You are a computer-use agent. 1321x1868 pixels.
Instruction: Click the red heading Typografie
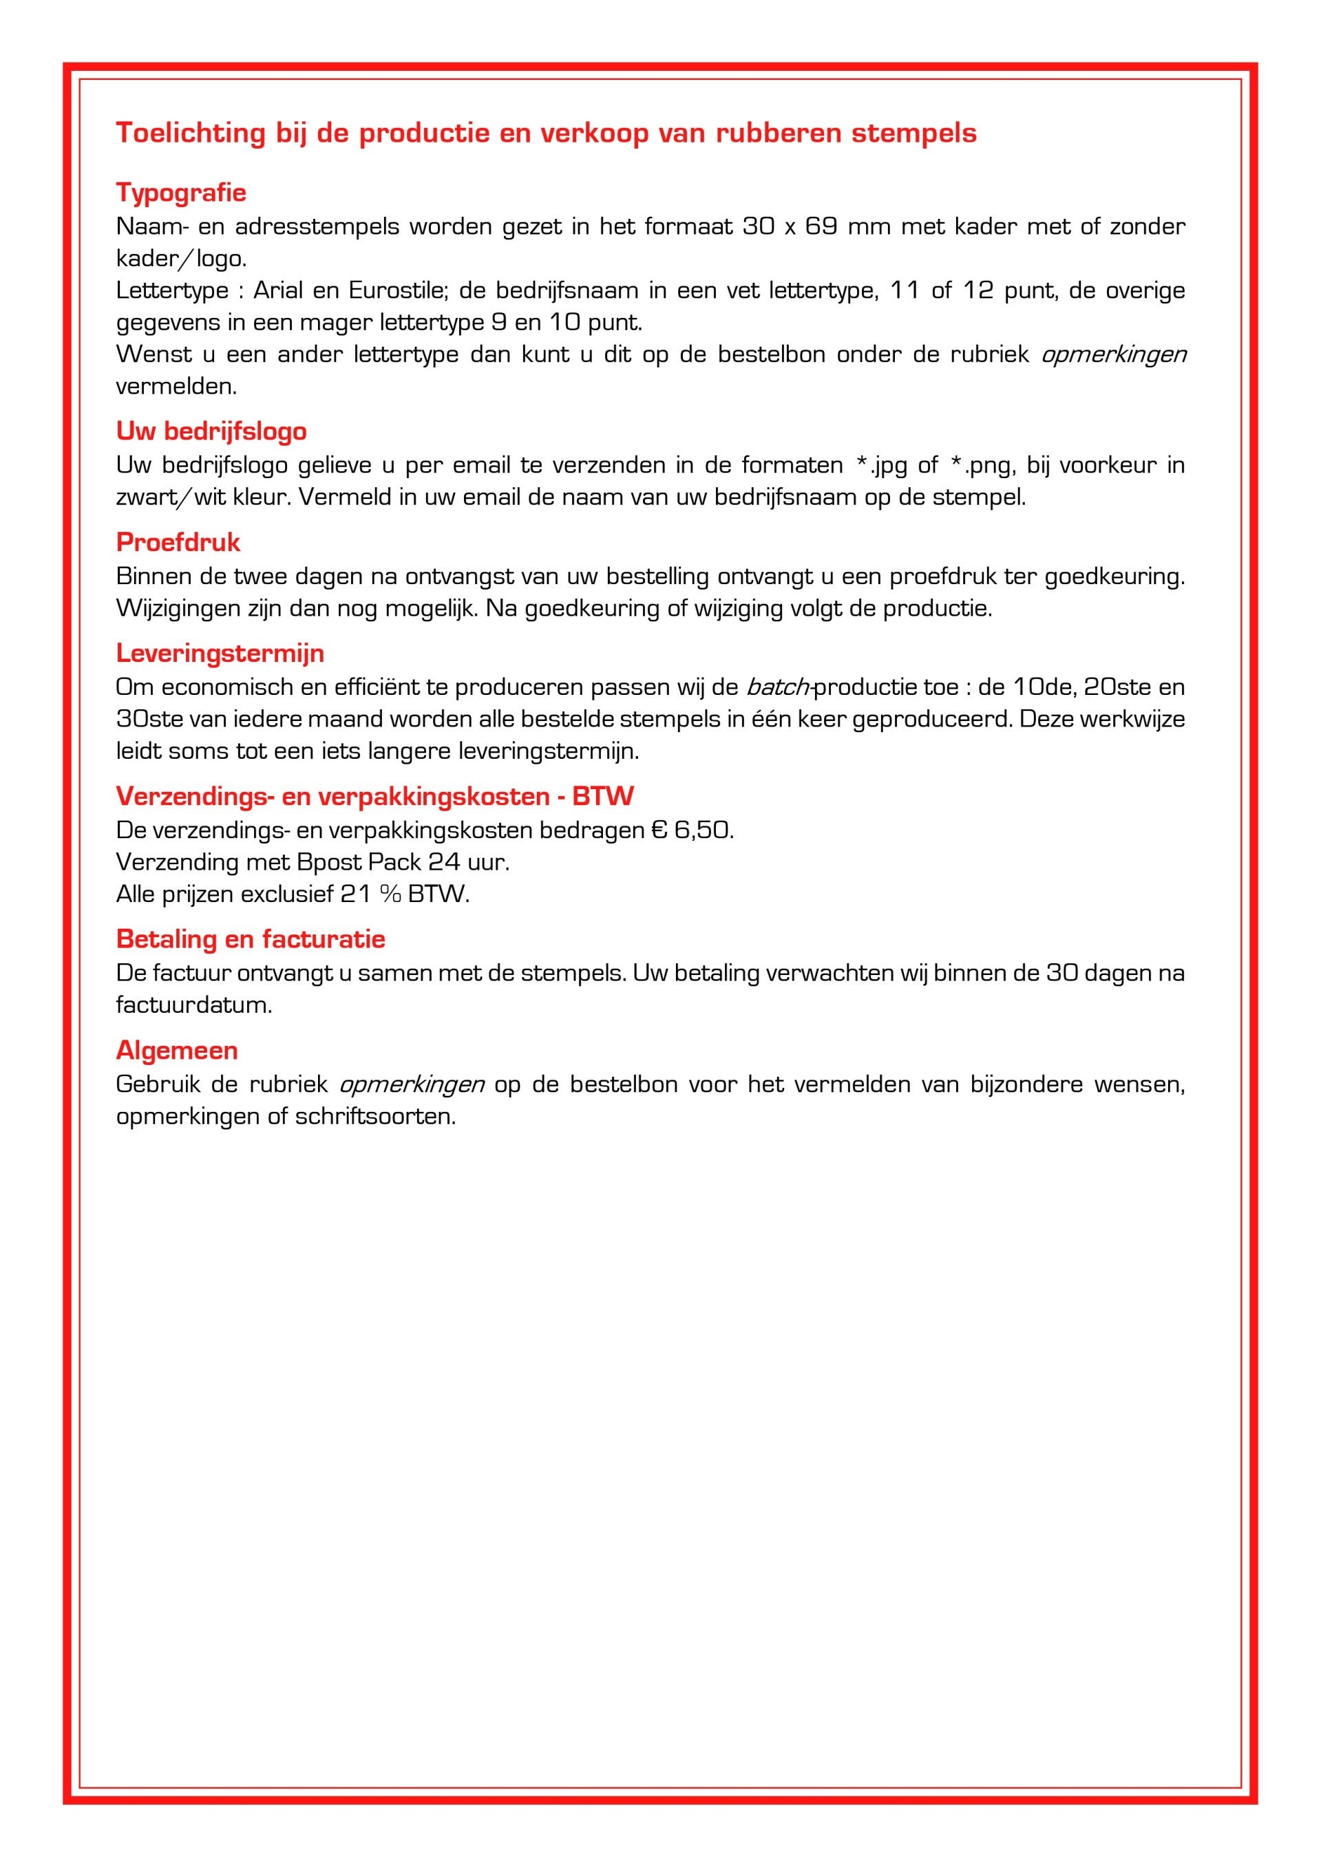180,193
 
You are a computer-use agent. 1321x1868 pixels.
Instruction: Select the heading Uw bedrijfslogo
211,431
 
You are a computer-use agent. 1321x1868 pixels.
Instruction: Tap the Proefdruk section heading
178,543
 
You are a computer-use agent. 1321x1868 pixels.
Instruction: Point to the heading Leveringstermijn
220,654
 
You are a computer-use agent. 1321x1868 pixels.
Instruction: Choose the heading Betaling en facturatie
250,939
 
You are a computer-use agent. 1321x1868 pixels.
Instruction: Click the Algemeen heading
177,1051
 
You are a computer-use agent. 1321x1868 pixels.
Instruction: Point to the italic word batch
777,687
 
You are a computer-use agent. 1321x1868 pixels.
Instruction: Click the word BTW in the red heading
602,797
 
